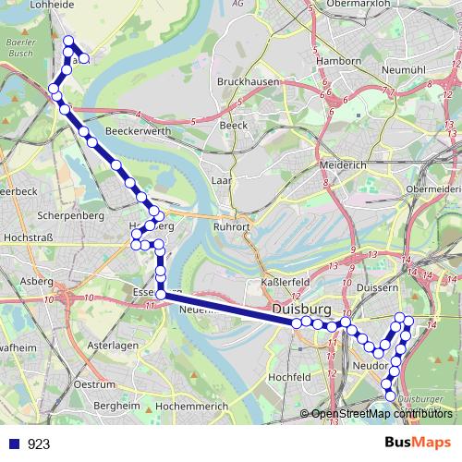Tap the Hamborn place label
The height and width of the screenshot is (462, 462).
pos(338,61)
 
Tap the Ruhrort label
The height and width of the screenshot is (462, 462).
pos(231,224)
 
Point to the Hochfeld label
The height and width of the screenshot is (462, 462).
pos(287,377)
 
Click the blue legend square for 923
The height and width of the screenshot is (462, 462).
pos(14,444)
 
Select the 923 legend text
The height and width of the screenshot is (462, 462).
pos(39,444)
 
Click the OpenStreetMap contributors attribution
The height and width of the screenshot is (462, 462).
pos(381,413)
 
